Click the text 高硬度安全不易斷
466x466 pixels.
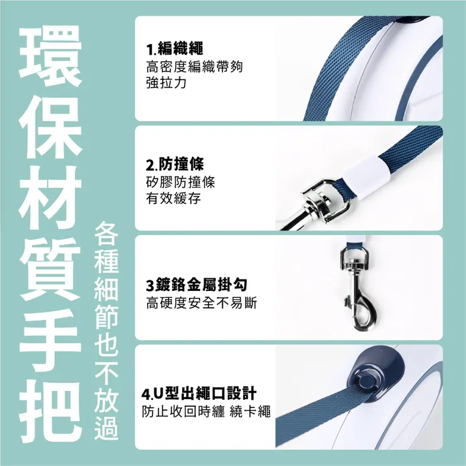pos(201,303)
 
